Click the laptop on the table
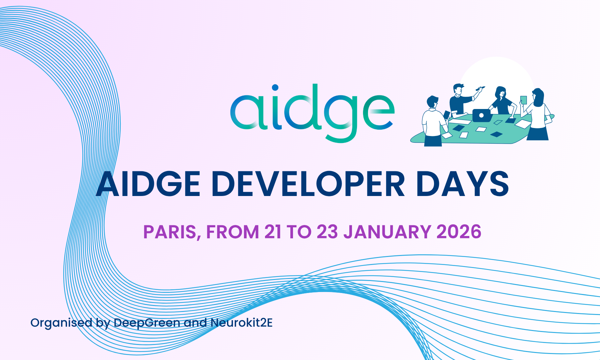(482, 115)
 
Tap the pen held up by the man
(480, 89)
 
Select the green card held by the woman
(523, 100)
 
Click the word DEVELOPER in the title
(308, 184)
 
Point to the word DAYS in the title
(463, 184)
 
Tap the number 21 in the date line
(273, 232)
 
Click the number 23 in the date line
(327, 232)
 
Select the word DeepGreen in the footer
(147, 323)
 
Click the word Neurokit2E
(242, 322)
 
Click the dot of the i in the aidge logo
(275, 88)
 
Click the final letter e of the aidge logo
(378, 112)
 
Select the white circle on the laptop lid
(481, 116)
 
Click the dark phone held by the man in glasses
(447, 115)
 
